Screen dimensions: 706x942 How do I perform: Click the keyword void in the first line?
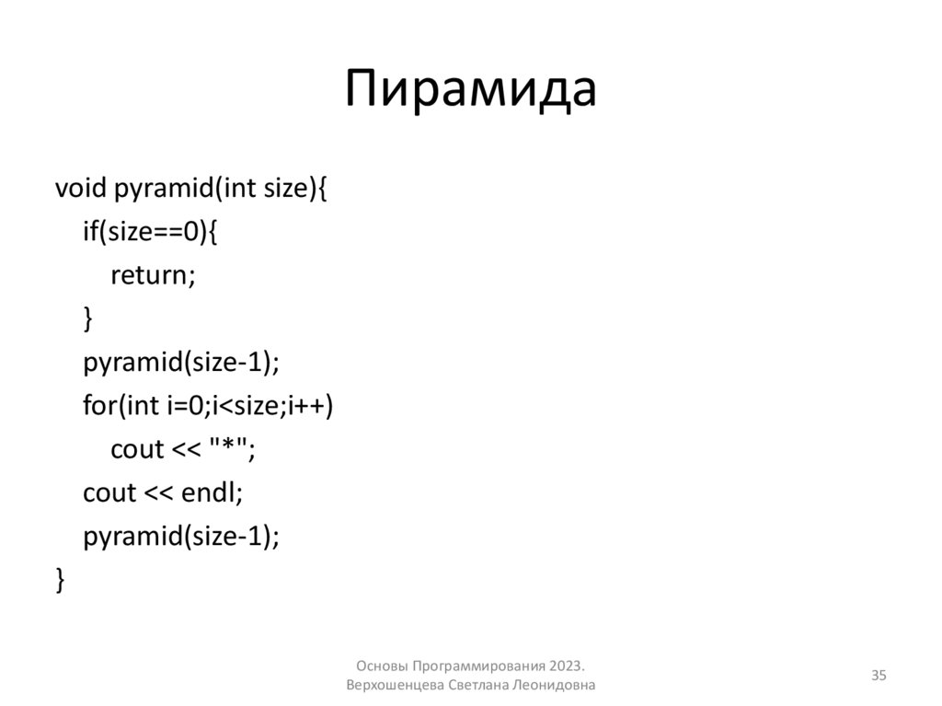click(x=81, y=189)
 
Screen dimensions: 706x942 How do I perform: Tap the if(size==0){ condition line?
click(x=150, y=232)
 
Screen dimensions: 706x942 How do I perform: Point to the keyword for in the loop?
click(x=97, y=405)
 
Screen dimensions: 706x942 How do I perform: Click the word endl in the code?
click(x=211, y=492)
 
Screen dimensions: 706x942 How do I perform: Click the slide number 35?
click(x=879, y=677)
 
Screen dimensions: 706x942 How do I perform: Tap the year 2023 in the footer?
click(x=566, y=665)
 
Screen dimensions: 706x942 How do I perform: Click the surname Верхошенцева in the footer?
click(x=396, y=686)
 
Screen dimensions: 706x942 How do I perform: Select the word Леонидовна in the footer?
click(x=557, y=686)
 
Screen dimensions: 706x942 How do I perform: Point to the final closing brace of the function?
click(x=61, y=580)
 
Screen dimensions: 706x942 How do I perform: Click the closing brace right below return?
click(x=88, y=318)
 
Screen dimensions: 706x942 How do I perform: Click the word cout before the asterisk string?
click(x=137, y=449)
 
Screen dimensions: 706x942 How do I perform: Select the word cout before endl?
click(x=109, y=492)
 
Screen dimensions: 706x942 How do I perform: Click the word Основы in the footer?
click(x=382, y=665)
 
